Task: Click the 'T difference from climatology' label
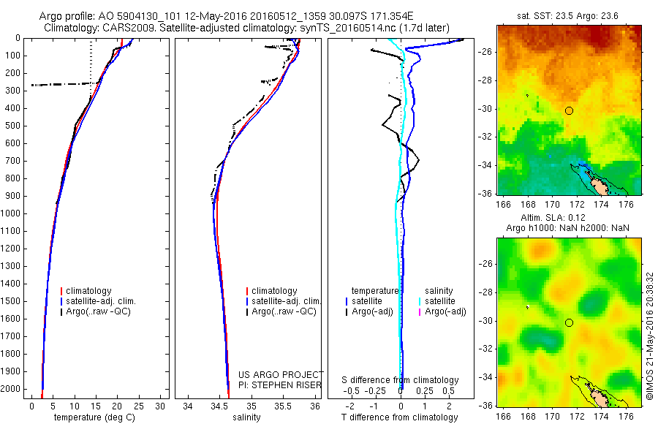pyautogui.click(x=401, y=417)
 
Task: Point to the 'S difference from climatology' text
pyautogui.click(x=401, y=380)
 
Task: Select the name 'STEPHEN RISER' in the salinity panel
pyautogui.click(x=282, y=384)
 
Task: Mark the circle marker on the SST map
pyautogui.click(x=569, y=110)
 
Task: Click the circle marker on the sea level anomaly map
pyautogui.click(x=569, y=322)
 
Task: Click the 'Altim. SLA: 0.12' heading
pyautogui.click(x=569, y=218)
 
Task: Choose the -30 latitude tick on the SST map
pyautogui.click(x=487, y=110)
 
